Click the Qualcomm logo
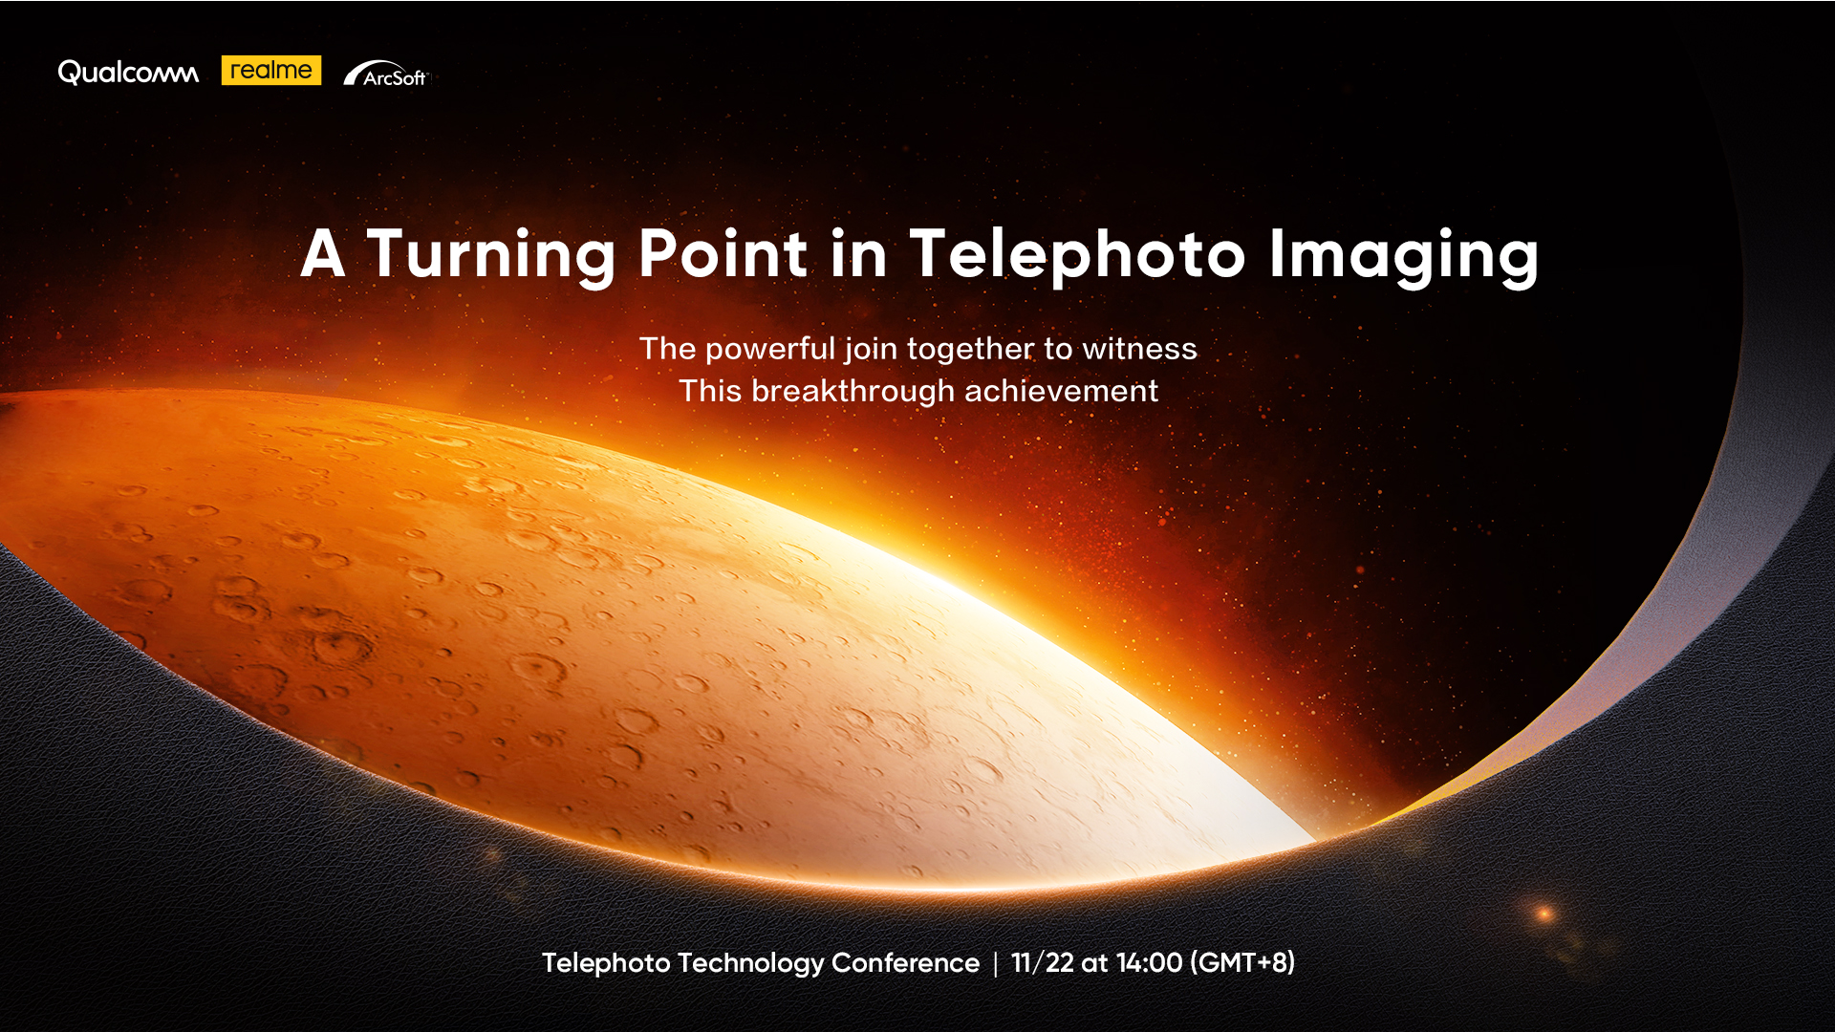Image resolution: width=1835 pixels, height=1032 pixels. click(x=128, y=73)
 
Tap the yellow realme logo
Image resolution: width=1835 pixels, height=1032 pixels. click(x=271, y=71)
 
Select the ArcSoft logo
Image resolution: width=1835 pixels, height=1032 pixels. click(x=386, y=75)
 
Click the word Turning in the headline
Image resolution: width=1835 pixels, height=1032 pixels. click(x=491, y=255)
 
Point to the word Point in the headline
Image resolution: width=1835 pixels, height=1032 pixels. click(x=723, y=254)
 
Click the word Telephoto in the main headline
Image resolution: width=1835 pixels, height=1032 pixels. click(x=1077, y=255)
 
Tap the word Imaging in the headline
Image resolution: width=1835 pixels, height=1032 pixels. click(x=1403, y=255)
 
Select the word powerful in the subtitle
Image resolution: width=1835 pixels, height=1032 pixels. click(x=769, y=349)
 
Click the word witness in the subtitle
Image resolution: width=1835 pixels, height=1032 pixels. click(x=1139, y=349)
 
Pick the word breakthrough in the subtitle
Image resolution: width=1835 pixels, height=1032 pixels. click(x=853, y=391)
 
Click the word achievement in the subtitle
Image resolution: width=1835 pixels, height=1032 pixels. click(x=1061, y=391)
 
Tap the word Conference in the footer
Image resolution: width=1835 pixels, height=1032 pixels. click(x=905, y=962)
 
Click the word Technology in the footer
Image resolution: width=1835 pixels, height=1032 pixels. click(x=750, y=963)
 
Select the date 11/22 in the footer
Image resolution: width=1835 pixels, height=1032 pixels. click(x=1042, y=962)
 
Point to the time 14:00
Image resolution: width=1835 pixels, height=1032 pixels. click(x=1149, y=962)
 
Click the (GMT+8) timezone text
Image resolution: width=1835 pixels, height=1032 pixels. click(x=1242, y=962)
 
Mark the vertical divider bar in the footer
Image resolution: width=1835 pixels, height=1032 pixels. click(x=995, y=963)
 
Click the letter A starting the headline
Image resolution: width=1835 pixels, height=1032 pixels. click(x=322, y=254)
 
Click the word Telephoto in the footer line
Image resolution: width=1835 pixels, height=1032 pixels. click(x=606, y=962)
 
